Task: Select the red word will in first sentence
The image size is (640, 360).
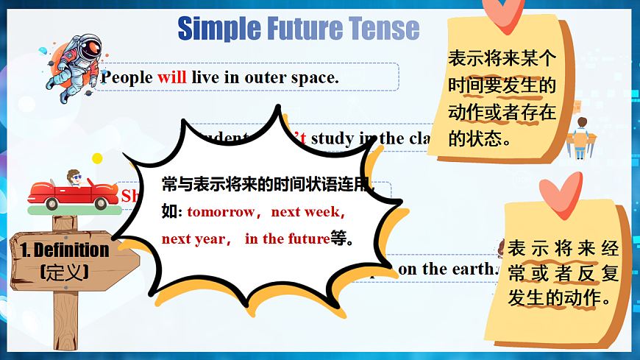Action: click(x=172, y=77)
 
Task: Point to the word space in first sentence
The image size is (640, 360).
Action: click(x=316, y=77)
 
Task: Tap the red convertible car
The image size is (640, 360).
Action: click(x=69, y=193)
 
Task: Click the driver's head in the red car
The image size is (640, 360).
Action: click(x=74, y=177)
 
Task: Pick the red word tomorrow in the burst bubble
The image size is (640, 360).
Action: click(x=221, y=212)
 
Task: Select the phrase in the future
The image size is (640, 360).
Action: click(x=287, y=239)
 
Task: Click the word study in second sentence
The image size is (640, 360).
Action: click(x=333, y=138)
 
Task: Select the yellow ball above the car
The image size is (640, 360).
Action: click(x=97, y=158)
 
